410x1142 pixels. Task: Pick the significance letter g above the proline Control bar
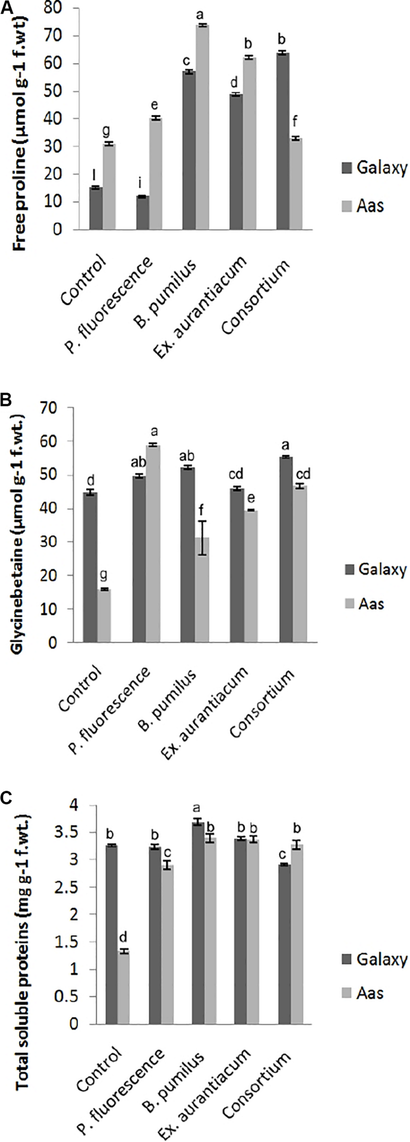tap(109, 132)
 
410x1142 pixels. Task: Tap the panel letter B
tap(6, 401)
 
